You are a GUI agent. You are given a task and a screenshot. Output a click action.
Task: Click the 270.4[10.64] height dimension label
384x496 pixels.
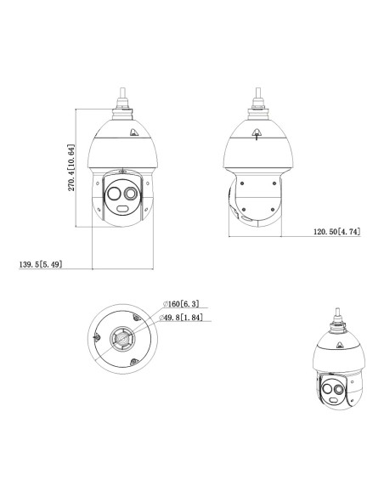71,167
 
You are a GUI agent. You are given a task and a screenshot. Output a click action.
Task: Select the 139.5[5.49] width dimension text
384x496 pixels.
41,264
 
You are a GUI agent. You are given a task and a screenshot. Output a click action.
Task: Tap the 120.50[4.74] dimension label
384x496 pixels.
337,232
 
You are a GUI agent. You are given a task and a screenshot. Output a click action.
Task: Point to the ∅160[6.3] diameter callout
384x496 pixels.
181,304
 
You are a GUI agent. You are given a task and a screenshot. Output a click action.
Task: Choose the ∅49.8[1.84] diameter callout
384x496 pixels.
181,318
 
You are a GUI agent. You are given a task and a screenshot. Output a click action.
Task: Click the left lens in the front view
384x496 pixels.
114,194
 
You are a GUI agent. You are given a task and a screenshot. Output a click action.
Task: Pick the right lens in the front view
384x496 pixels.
131,194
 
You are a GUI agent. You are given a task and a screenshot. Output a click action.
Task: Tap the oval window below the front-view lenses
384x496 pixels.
122,208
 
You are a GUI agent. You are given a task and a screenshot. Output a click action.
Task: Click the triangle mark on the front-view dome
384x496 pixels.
133,132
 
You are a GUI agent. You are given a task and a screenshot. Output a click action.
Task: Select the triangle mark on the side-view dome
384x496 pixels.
257,132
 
